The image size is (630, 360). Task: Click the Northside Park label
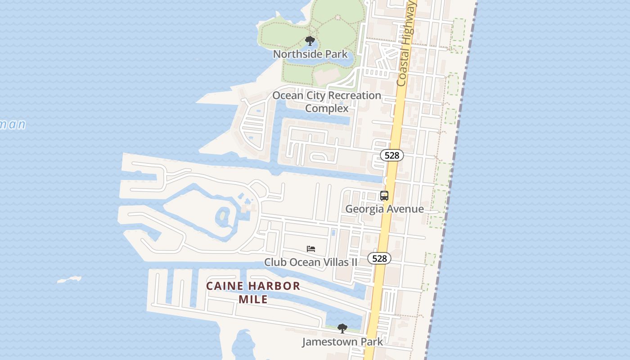point(310,54)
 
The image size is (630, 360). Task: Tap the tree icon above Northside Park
point(310,41)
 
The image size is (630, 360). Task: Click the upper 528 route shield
point(392,155)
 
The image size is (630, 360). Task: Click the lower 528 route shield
point(379,258)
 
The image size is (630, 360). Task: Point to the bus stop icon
point(384,196)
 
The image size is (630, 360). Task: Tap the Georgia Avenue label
point(384,209)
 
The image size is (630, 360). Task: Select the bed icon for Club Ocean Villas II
point(311,249)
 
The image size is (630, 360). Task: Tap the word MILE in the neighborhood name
point(253,299)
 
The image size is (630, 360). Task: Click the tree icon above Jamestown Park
point(342,328)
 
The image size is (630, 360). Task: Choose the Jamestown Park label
point(342,342)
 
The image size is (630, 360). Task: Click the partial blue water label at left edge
point(12,124)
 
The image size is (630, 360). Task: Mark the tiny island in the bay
point(69,280)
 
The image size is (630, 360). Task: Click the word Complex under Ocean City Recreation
point(327,108)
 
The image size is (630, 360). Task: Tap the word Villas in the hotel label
point(324,262)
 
